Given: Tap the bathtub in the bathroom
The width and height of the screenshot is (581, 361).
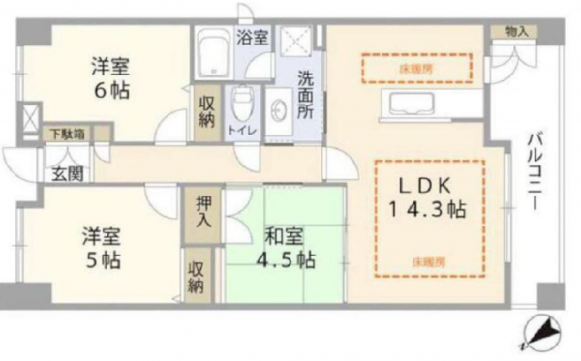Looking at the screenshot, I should [210, 53].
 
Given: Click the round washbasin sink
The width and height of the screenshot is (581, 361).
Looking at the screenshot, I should [277, 108].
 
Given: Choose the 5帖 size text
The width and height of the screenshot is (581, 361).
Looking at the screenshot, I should [100, 259].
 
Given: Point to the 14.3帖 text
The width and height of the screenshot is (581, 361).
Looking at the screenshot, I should [426, 209].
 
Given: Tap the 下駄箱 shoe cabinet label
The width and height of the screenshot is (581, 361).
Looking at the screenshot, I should [65, 133].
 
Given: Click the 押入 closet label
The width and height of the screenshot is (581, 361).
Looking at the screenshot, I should [203, 210].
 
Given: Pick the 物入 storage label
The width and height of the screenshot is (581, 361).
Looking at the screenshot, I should [516, 31].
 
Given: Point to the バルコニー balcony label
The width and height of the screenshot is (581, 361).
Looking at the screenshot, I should [535, 175].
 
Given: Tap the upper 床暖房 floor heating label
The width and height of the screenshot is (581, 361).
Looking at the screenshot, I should [416, 68].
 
